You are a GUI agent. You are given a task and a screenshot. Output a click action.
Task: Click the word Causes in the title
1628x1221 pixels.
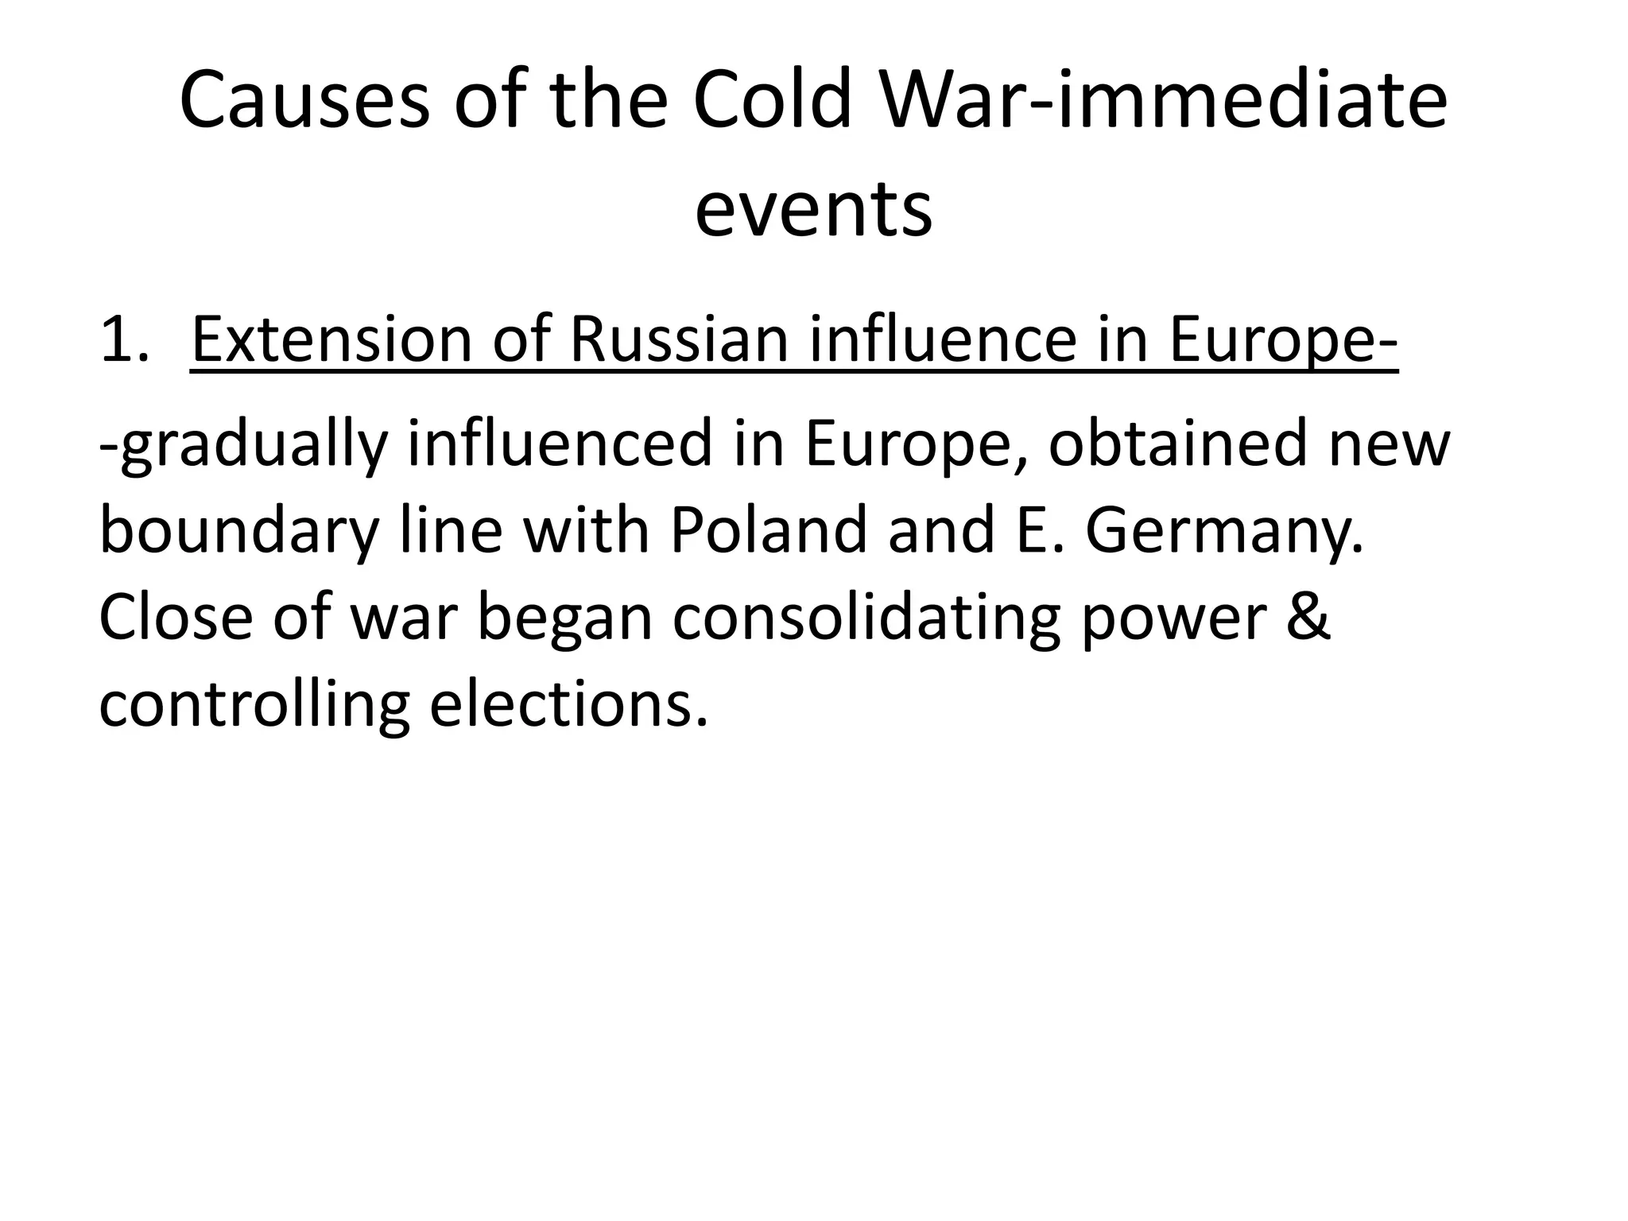pyautogui.click(x=305, y=102)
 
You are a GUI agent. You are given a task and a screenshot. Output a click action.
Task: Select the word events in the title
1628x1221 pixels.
pyautogui.click(x=813, y=210)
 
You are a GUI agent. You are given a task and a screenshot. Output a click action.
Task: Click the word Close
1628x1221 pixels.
pyautogui.click(x=176, y=618)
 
